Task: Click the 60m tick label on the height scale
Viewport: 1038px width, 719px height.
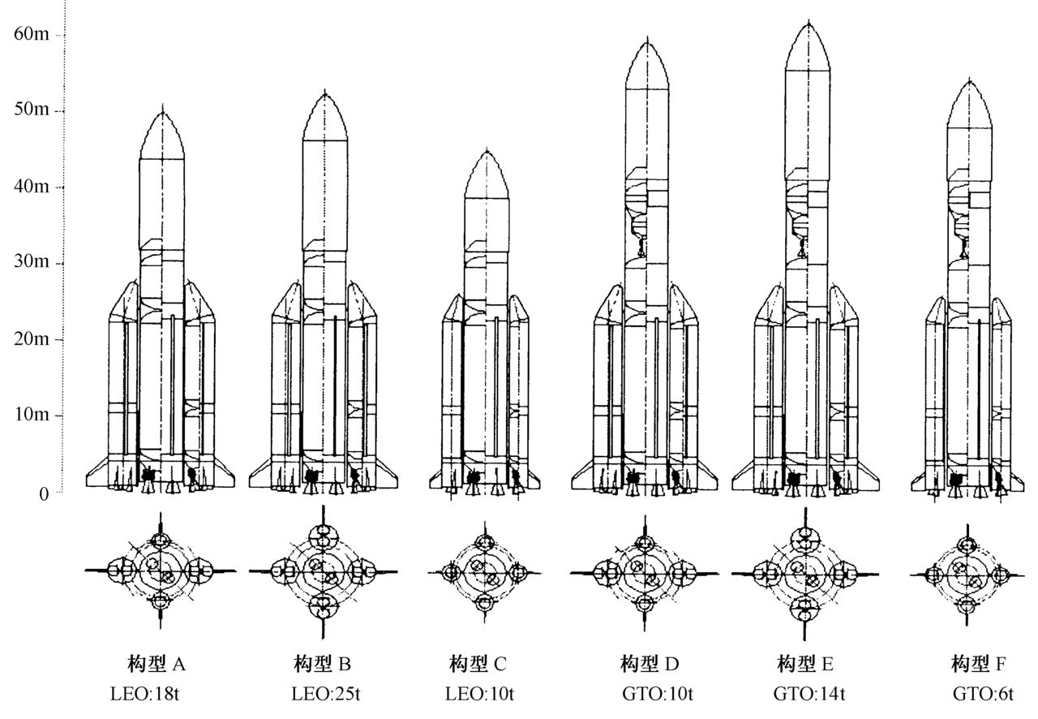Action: (32, 34)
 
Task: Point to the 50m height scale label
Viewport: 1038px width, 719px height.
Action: (32, 110)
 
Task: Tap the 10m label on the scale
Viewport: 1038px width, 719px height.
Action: (32, 415)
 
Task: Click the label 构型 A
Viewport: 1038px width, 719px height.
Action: (157, 665)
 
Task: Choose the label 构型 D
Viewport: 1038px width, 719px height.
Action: (646, 665)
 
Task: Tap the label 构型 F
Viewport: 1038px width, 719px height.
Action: (979, 665)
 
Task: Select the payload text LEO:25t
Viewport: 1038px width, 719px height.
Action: (323, 694)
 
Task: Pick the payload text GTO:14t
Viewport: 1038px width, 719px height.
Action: (809, 694)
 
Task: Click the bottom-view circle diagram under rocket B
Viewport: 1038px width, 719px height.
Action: (324, 571)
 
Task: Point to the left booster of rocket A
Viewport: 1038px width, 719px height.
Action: (123, 381)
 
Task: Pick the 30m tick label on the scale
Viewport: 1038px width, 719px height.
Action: (32, 263)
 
